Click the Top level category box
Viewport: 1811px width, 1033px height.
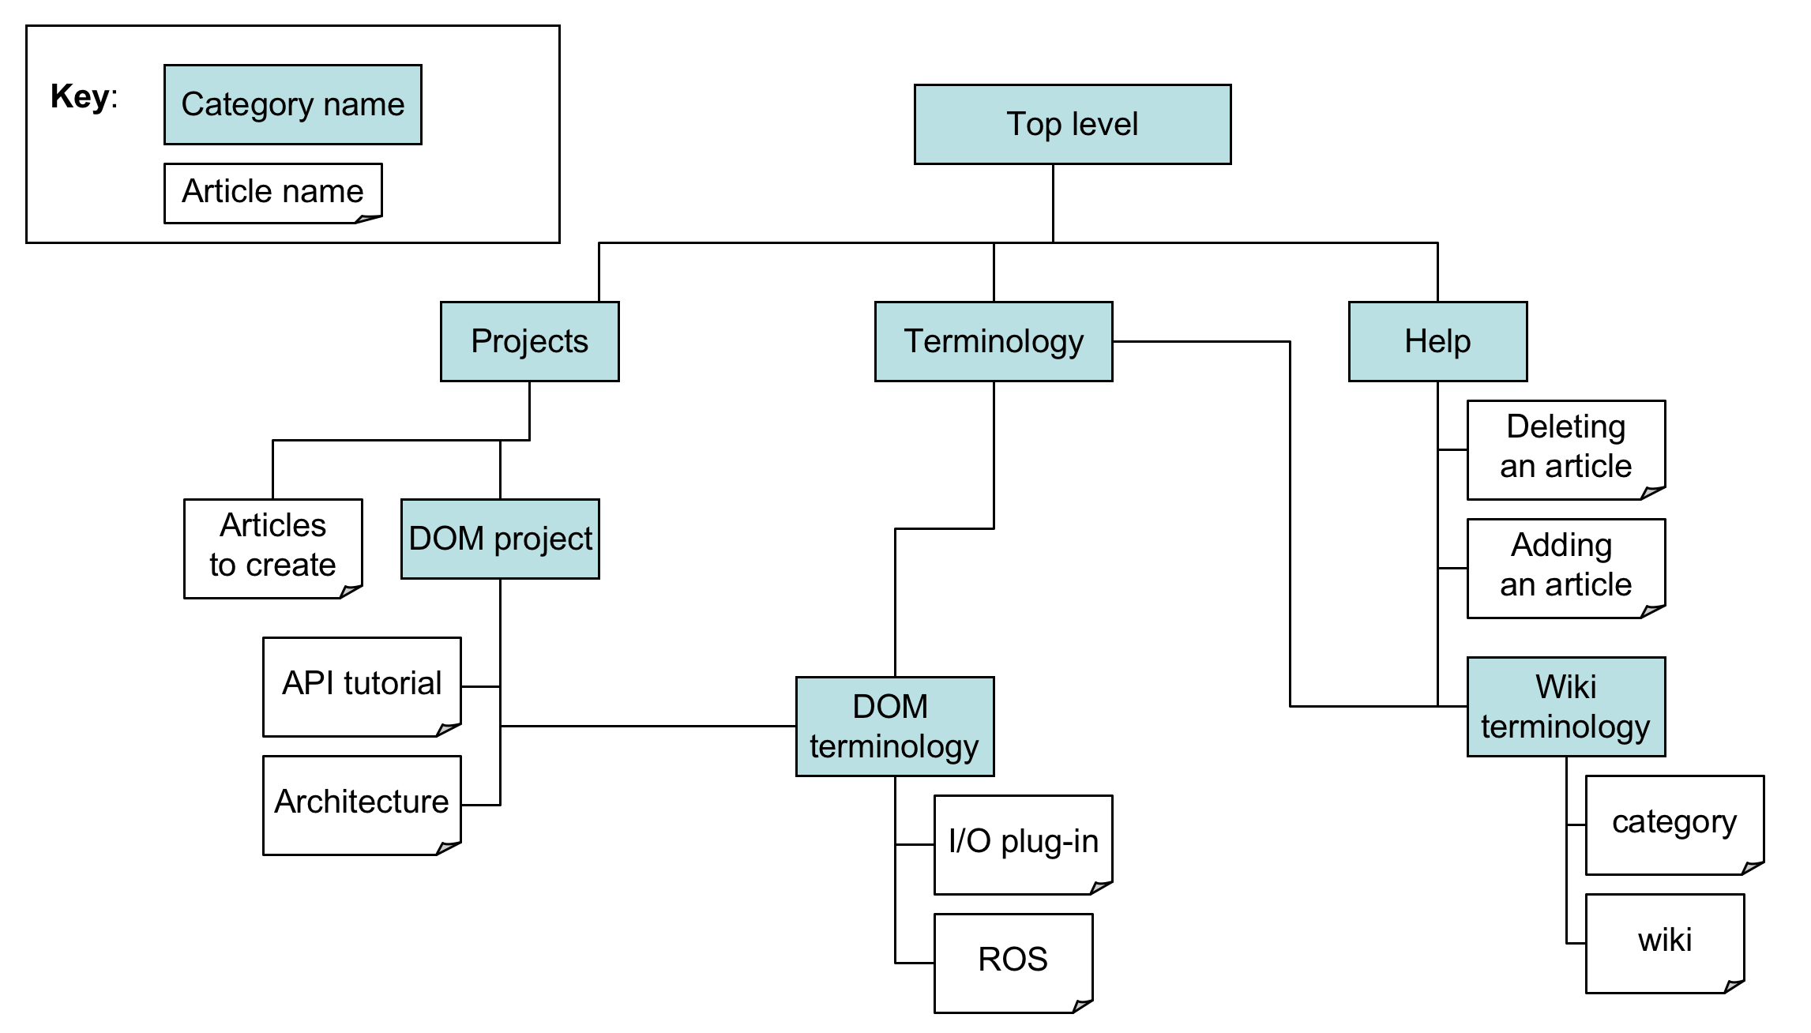pyautogui.click(x=1072, y=124)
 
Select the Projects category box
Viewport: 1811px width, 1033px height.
pyautogui.click(x=529, y=341)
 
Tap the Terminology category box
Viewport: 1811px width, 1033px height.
pyautogui.click(x=994, y=341)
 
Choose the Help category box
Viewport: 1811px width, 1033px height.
pyautogui.click(x=1437, y=341)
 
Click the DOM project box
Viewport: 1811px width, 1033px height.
pyautogui.click(x=500, y=539)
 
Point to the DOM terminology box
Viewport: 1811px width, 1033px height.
pyautogui.click(x=894, y=726)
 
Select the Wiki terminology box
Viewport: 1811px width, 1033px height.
pyautogui.click(x=1565, y=706)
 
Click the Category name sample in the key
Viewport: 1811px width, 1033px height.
pyautogui.click(x=292, y=104)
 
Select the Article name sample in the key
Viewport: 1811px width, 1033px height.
pyautogui.click(x=272, y=193)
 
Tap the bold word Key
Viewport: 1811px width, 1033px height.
pyautogui.click(x=80, y=96)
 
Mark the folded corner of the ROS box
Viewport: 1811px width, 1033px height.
pyautogui.click(x=1084, y=1005)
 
